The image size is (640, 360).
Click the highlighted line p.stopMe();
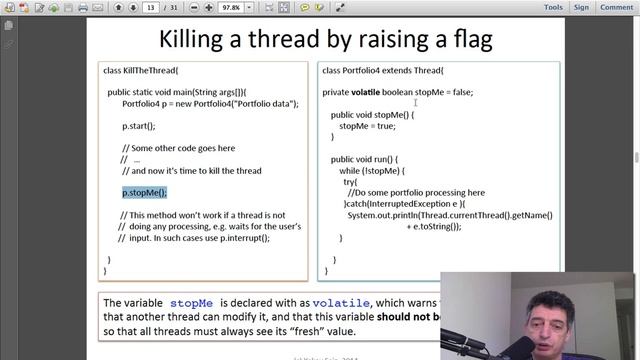(145, 193)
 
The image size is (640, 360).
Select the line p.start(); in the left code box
(139, 126)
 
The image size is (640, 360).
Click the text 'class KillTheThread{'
(141, 70)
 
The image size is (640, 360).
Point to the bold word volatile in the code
(366, 92)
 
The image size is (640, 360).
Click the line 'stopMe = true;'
(367, 126)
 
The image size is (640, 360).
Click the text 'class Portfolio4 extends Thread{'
(384, 70)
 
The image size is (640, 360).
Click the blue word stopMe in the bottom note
(191, 302)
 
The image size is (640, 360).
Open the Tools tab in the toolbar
(553, 7)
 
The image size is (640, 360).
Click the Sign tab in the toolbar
(581, 7)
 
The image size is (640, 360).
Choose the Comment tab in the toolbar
(615, 7)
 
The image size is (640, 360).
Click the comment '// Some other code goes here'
(184, 148)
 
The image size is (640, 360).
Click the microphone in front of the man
(534, 345)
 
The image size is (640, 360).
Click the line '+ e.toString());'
(433, 226)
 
